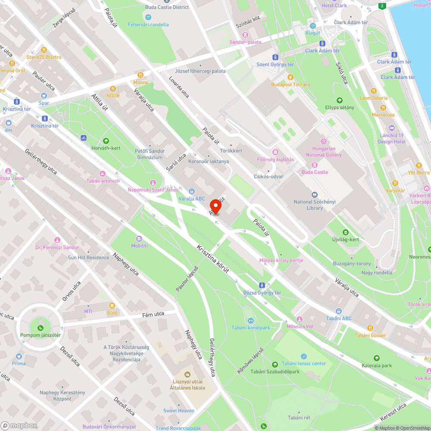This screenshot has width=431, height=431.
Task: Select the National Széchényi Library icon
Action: [x=314, y=195]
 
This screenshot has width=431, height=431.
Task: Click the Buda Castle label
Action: [x=315, y=172]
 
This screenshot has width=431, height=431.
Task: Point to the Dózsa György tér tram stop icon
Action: [x=262, y=285]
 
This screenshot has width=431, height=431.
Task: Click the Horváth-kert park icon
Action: [x=106, y=141]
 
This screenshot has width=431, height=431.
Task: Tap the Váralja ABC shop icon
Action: [x=192, y=191]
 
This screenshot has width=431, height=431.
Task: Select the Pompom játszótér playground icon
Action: [x=40, y=327]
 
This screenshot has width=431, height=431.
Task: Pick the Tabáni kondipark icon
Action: [x=251, y=320]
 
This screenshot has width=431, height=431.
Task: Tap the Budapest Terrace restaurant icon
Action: [x=290, y=77]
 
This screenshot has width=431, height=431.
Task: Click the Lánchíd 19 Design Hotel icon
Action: [x=391, y=128]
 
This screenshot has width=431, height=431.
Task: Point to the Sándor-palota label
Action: [x=245, y=42]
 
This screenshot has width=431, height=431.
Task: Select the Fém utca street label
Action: [x=154, y=315]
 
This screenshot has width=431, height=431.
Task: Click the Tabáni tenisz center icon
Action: [x=304, y=356]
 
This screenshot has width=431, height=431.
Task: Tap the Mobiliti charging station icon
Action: [x=139, y=238]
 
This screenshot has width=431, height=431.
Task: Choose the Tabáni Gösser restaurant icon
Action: [x=370, y=328]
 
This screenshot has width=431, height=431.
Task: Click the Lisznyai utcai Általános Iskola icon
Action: [x=187, y=374]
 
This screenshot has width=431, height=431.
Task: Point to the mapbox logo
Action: [x=19, y=425]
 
